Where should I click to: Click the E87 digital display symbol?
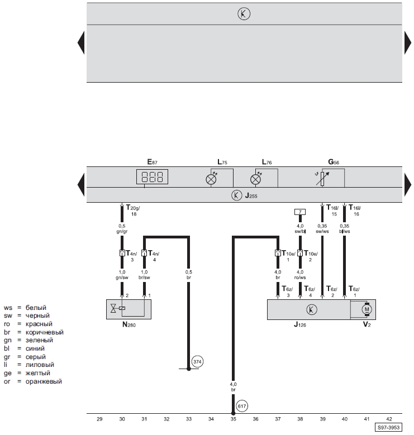pos(152,176)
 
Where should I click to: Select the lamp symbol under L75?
pos(211,179)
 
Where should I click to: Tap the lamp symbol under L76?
pos(255,179)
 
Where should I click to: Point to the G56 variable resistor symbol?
pos(322,178)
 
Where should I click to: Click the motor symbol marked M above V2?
pos(367,309)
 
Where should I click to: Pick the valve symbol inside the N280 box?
pos(113,308)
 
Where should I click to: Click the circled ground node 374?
pos(197,362)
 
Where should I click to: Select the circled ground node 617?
pos(242,406)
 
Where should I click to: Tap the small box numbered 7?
pos(300,212)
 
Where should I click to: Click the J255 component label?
pos(251,195)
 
